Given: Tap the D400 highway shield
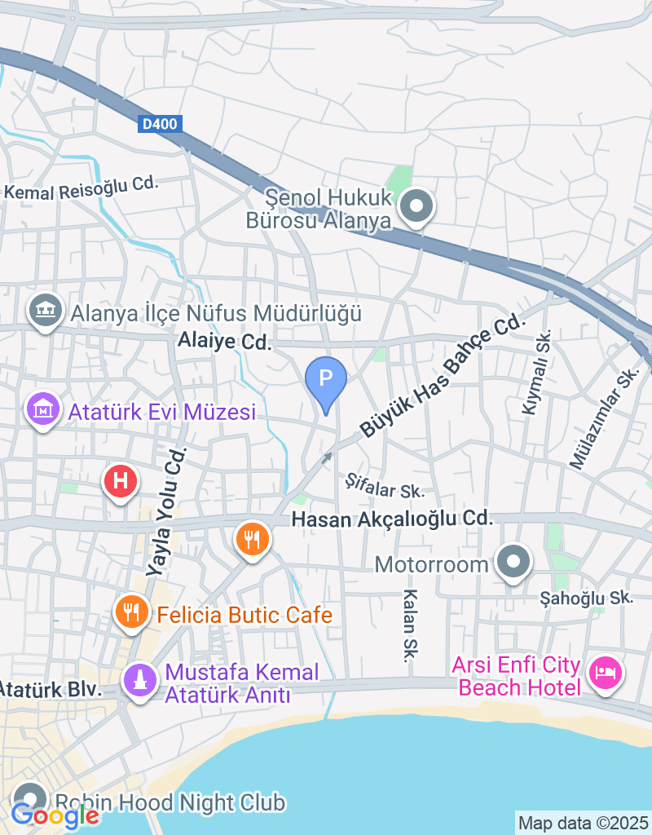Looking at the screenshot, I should (159, 124).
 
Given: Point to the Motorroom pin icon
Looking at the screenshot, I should (514, 562).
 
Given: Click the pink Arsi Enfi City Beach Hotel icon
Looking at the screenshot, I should (606, 674).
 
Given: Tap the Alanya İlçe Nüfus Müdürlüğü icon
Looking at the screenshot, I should (46, 310).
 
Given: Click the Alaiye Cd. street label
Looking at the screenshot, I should (224, 342).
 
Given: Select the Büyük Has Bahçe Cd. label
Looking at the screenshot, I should (440, 377).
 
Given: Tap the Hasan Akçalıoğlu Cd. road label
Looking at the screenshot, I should (393, 518).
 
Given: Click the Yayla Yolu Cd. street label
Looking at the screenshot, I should (166, 512).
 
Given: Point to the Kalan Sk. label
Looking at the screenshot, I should (410, 625).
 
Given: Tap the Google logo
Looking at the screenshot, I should (55, 815).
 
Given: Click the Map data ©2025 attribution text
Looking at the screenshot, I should (584, 823).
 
